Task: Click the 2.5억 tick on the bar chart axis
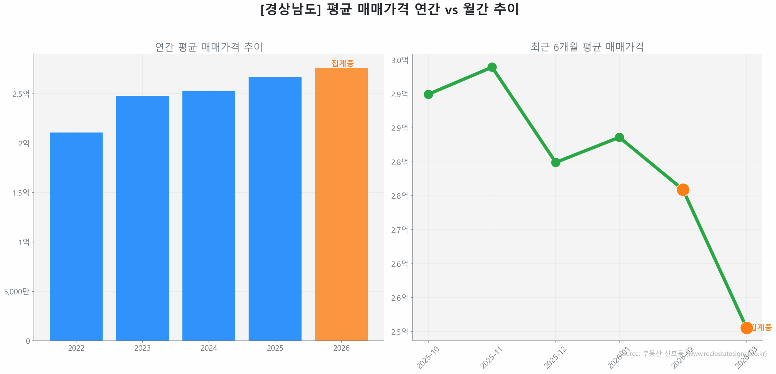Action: coord(21,94)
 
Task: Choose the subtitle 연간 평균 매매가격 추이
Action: coord(208,47)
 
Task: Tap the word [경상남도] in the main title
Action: coord(290,9)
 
